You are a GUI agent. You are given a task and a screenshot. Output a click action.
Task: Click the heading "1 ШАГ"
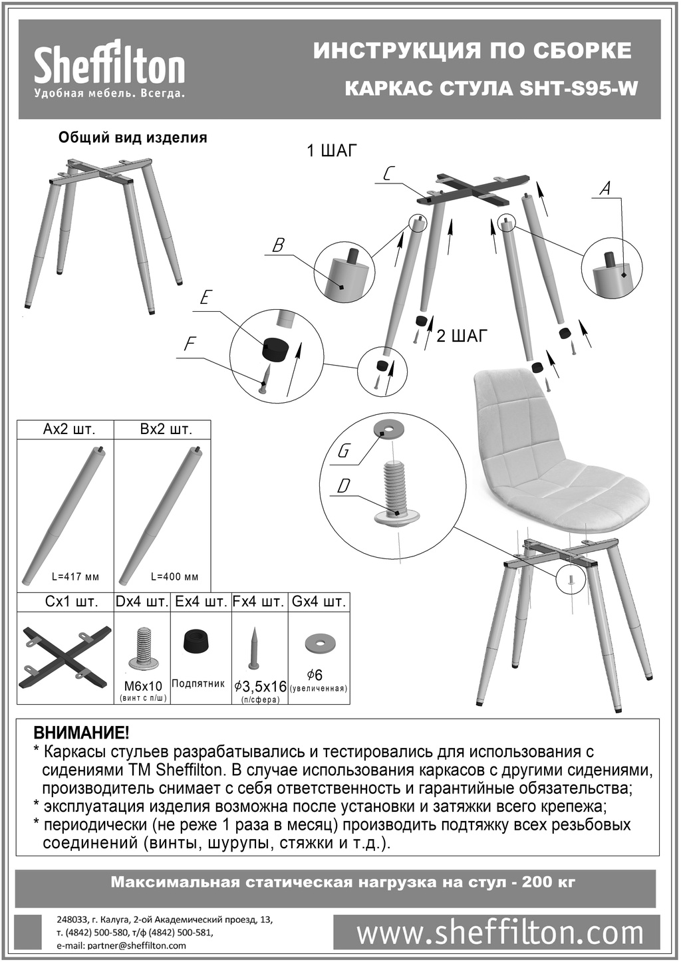(332, 151)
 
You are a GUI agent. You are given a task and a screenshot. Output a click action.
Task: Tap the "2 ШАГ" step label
(462, 336)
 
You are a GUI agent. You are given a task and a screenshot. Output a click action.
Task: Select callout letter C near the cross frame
(386, 174)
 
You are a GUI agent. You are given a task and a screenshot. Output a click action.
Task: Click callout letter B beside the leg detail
(279, 245)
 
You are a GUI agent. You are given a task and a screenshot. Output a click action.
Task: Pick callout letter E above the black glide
(205, 297)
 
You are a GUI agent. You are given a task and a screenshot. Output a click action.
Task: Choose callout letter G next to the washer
(343, 451)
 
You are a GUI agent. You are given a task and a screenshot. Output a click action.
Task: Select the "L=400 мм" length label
(174, 577)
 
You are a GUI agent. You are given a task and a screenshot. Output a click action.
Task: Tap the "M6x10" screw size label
(142, 687)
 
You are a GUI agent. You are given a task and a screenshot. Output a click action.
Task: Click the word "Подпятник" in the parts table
(198, 683)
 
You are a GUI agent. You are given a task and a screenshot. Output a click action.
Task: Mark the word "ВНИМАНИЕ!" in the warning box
(80, 732)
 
